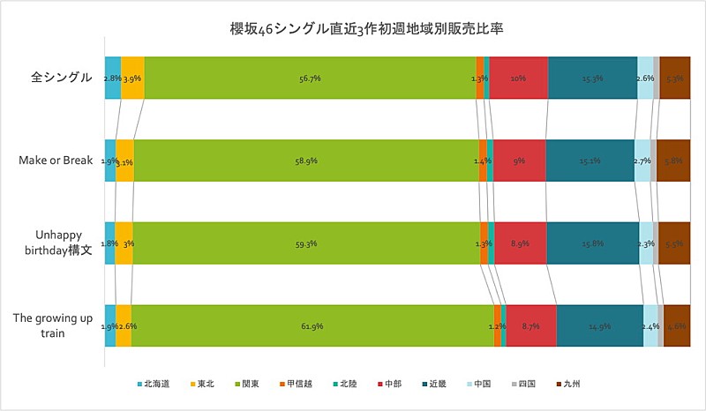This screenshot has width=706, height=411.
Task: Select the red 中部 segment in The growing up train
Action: click(x=531, y=325)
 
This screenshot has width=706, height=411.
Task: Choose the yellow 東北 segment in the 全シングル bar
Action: click(x=132, y=78)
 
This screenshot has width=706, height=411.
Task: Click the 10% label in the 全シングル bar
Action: click(x=518, y=78)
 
